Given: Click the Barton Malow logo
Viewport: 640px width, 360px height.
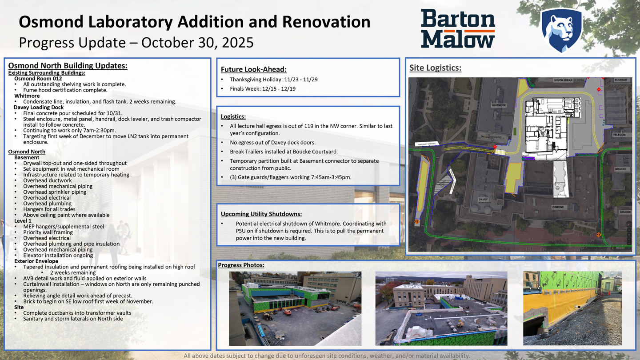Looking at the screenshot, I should pyautogui.click(x=458, y=28).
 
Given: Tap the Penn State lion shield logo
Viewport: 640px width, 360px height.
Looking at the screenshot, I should pyautogui.click(x=561, y=30).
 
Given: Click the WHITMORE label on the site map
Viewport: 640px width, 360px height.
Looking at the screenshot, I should pyautogui.click(x=499, y=105).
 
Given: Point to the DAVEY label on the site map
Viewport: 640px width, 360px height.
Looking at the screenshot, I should pyautogui.click(x=483, y=200).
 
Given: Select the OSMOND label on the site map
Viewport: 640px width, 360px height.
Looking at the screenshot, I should pyautogui.click(x=558, y=207).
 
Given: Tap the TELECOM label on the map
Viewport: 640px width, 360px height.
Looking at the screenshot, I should pyautogui.click(x=620, y=135).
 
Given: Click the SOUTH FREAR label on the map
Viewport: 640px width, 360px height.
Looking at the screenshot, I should pyautogui.click(x=563, y=80).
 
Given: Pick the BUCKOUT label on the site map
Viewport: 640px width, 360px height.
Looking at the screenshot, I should pyautogui.click(x=621, y=80).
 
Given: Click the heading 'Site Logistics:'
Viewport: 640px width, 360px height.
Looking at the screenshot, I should pyautogui.click(x=435, y=68).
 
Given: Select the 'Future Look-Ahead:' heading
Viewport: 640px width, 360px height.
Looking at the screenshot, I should pyautogui.click(x=253, y=69).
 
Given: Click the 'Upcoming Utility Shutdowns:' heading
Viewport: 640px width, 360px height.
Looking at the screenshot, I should pyautogui.click(x=261, y=214).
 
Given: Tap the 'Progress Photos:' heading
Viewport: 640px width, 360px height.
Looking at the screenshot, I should pyautogui.click(x=241, y=265).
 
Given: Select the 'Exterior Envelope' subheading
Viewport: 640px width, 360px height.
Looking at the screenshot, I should pyautogui.click(x=36, y=261).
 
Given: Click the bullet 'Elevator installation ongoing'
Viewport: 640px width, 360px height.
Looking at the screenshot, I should pyautogui.click(x=58, y=256).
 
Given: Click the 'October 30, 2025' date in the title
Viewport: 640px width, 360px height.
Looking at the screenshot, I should pyautogui.click(x=197, y=43).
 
